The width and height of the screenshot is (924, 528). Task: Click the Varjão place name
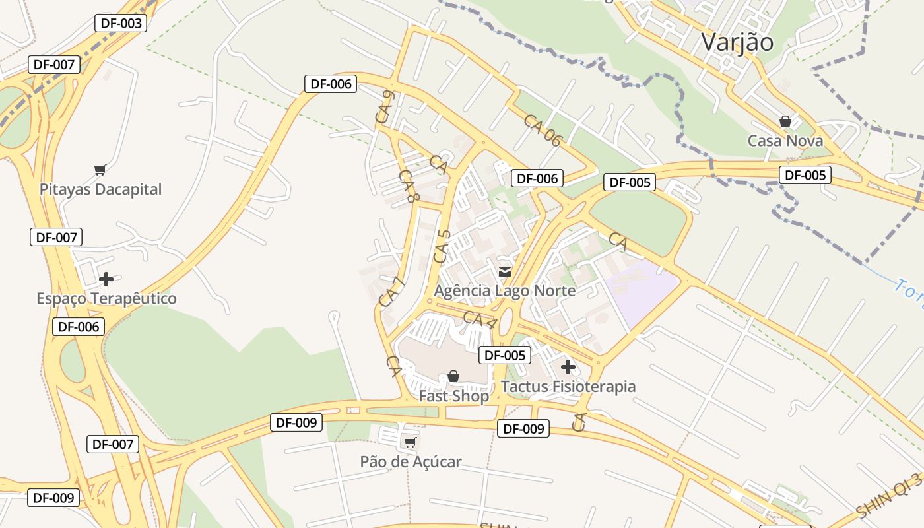point(737,42)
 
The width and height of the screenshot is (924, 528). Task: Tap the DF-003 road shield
point(121,23)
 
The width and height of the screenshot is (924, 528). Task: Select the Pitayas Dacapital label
point(100,189)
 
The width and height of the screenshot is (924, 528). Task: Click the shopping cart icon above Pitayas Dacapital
point(100,170)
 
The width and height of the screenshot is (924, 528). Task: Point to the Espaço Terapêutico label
point(106,298)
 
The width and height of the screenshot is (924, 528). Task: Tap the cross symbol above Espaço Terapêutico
point(106,279)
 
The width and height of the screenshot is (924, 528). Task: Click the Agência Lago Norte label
point(504,290)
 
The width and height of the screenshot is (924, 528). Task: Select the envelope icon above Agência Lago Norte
point(505,271)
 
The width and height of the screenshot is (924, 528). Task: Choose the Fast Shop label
point(453,396)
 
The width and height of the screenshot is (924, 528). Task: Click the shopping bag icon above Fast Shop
point(453,376)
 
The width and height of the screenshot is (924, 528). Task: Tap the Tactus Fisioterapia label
point(568,386)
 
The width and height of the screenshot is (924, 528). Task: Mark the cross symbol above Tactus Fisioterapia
point(568,367)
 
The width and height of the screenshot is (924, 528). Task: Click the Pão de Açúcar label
point(411,461)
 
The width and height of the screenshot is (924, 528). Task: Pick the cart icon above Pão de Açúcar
point(410,442)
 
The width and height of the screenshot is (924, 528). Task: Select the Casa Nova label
point(785,141)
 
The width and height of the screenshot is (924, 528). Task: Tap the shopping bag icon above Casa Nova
point(785,121)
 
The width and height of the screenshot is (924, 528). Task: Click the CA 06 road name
point(542,130)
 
